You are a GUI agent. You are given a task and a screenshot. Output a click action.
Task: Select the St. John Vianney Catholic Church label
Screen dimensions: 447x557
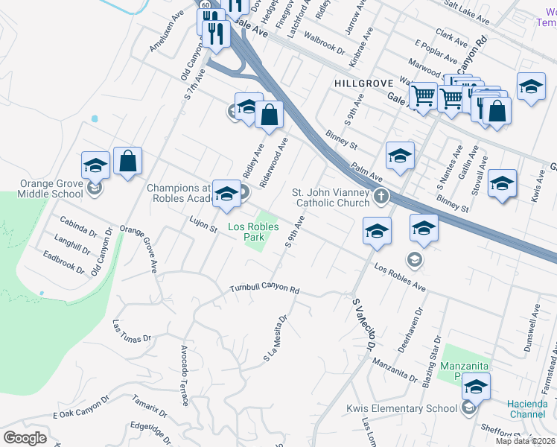332,197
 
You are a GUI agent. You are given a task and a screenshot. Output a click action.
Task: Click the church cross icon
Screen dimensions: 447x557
381,197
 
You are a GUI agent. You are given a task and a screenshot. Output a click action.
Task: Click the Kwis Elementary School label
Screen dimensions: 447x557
401,408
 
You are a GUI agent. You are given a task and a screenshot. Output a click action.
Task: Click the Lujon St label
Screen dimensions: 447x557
203,222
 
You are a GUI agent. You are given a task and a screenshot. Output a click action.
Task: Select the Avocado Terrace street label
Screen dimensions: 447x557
185,375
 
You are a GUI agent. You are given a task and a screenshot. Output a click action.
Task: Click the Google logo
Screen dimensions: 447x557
25,438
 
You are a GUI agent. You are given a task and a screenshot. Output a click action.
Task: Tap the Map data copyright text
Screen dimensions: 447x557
525,441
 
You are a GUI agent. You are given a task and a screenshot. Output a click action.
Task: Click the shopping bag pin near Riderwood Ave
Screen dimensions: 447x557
270,115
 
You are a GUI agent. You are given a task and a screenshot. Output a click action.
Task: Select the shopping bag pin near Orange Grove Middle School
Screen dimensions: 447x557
127,162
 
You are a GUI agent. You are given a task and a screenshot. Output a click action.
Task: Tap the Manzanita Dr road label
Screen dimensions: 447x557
394,368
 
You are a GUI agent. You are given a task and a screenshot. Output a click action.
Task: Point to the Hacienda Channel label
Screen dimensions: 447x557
527,408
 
